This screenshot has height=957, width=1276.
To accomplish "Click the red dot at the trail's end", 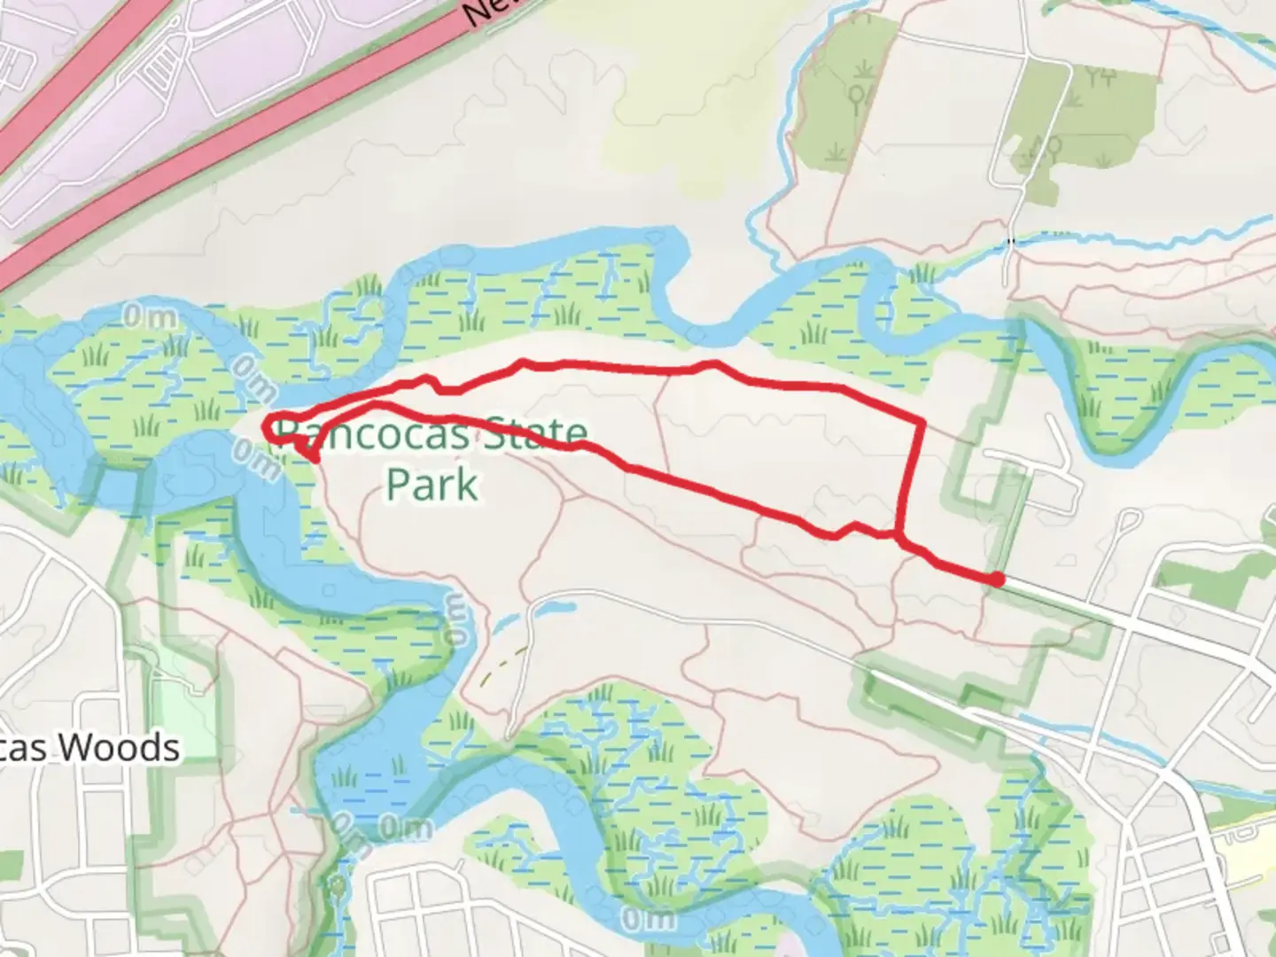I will coord(997,580).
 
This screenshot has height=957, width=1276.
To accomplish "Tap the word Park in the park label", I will coord(432,485).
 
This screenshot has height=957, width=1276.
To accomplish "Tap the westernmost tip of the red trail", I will coord(266,429).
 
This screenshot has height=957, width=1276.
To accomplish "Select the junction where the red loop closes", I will coord(899,536).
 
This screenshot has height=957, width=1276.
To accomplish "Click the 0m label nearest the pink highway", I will coord(148,317).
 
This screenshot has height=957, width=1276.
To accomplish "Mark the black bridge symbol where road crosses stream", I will coord(1011,240).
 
